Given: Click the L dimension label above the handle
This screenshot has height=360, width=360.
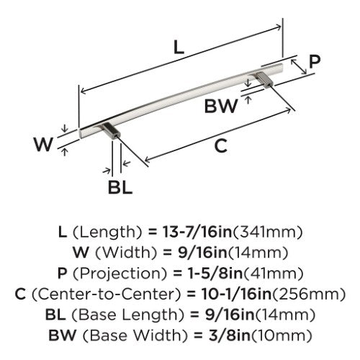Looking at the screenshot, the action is tap(179, 47).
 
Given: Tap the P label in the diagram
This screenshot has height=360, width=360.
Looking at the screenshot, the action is tap(315, 61).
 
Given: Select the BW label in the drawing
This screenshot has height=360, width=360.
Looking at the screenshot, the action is tap(221, 106).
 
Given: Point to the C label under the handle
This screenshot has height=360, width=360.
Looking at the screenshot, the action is tap(221, 145).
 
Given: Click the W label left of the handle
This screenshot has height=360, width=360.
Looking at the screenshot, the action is tap(43, 144).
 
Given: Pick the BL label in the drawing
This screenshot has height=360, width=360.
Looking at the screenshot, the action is tap(120, 187).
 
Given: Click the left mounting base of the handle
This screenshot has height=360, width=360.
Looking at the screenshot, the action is tap(111, 131).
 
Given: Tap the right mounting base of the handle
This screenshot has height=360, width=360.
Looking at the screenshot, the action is tap(264, 80).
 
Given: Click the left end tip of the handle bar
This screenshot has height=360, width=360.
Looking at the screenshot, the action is tap(80, 133).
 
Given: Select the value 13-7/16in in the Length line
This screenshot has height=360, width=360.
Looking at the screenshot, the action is tap(197, 232).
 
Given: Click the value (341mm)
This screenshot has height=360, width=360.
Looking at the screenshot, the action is tap(268, 233).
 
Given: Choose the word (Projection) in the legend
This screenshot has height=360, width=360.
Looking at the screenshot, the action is tap(120, 274).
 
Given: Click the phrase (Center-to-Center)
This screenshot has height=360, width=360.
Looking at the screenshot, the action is tap(106, 294).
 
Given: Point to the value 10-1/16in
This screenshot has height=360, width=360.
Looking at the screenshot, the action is tap(236, 294).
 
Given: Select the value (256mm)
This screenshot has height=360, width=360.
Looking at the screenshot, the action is tap(308, 294).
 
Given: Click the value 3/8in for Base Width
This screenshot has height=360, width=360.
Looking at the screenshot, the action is tap(230, 336).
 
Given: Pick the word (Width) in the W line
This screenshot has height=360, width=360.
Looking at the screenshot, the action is tap(126, 253).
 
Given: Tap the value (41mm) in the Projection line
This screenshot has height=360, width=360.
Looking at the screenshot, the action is tap(273, 274).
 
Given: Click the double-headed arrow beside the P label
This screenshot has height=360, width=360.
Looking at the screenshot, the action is tap(299, 66).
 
